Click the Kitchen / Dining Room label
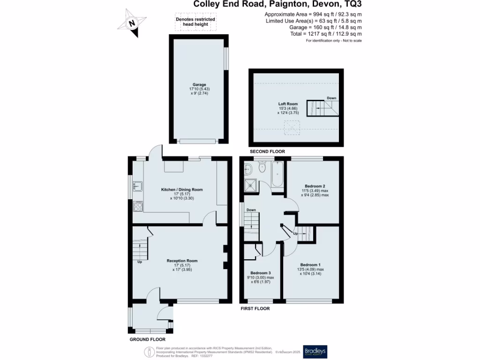tap(182, 189)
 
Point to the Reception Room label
tap(182, 261)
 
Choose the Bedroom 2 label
tap(314, 187)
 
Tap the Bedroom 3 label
tap(261, 273)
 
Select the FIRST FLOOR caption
tap(255, 308)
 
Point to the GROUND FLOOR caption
tap(147, 339)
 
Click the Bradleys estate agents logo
tap(315, 351)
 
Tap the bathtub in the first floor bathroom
tap(277, 177)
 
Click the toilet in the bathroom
tap(262, 168)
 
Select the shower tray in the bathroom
tap(251, 185)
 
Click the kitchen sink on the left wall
tap(137, 187)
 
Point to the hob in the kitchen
tap(138, 205)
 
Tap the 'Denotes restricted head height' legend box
tap(195, 22)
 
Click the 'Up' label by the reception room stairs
tap(140, 262)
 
